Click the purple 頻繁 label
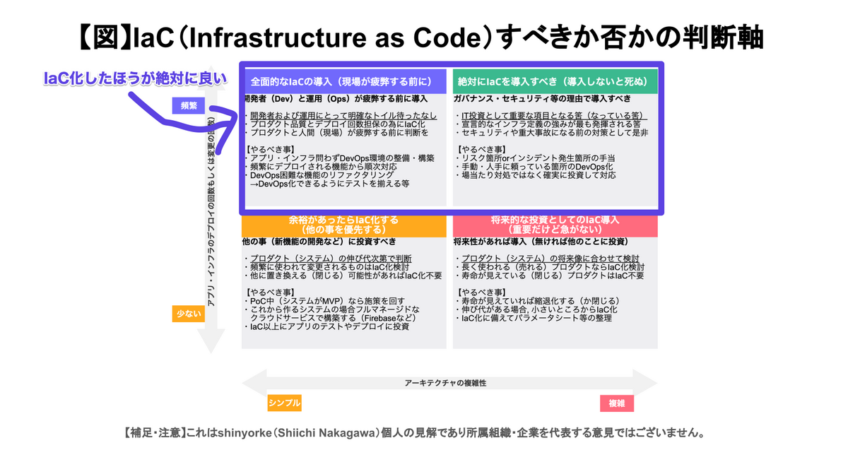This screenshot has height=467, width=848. point(189,105)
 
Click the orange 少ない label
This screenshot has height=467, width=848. point(189,314)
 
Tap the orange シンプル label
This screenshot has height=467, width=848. point(284,403)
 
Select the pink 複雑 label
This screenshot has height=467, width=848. point(616,403)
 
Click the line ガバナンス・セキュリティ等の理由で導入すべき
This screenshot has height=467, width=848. point(541,100)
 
